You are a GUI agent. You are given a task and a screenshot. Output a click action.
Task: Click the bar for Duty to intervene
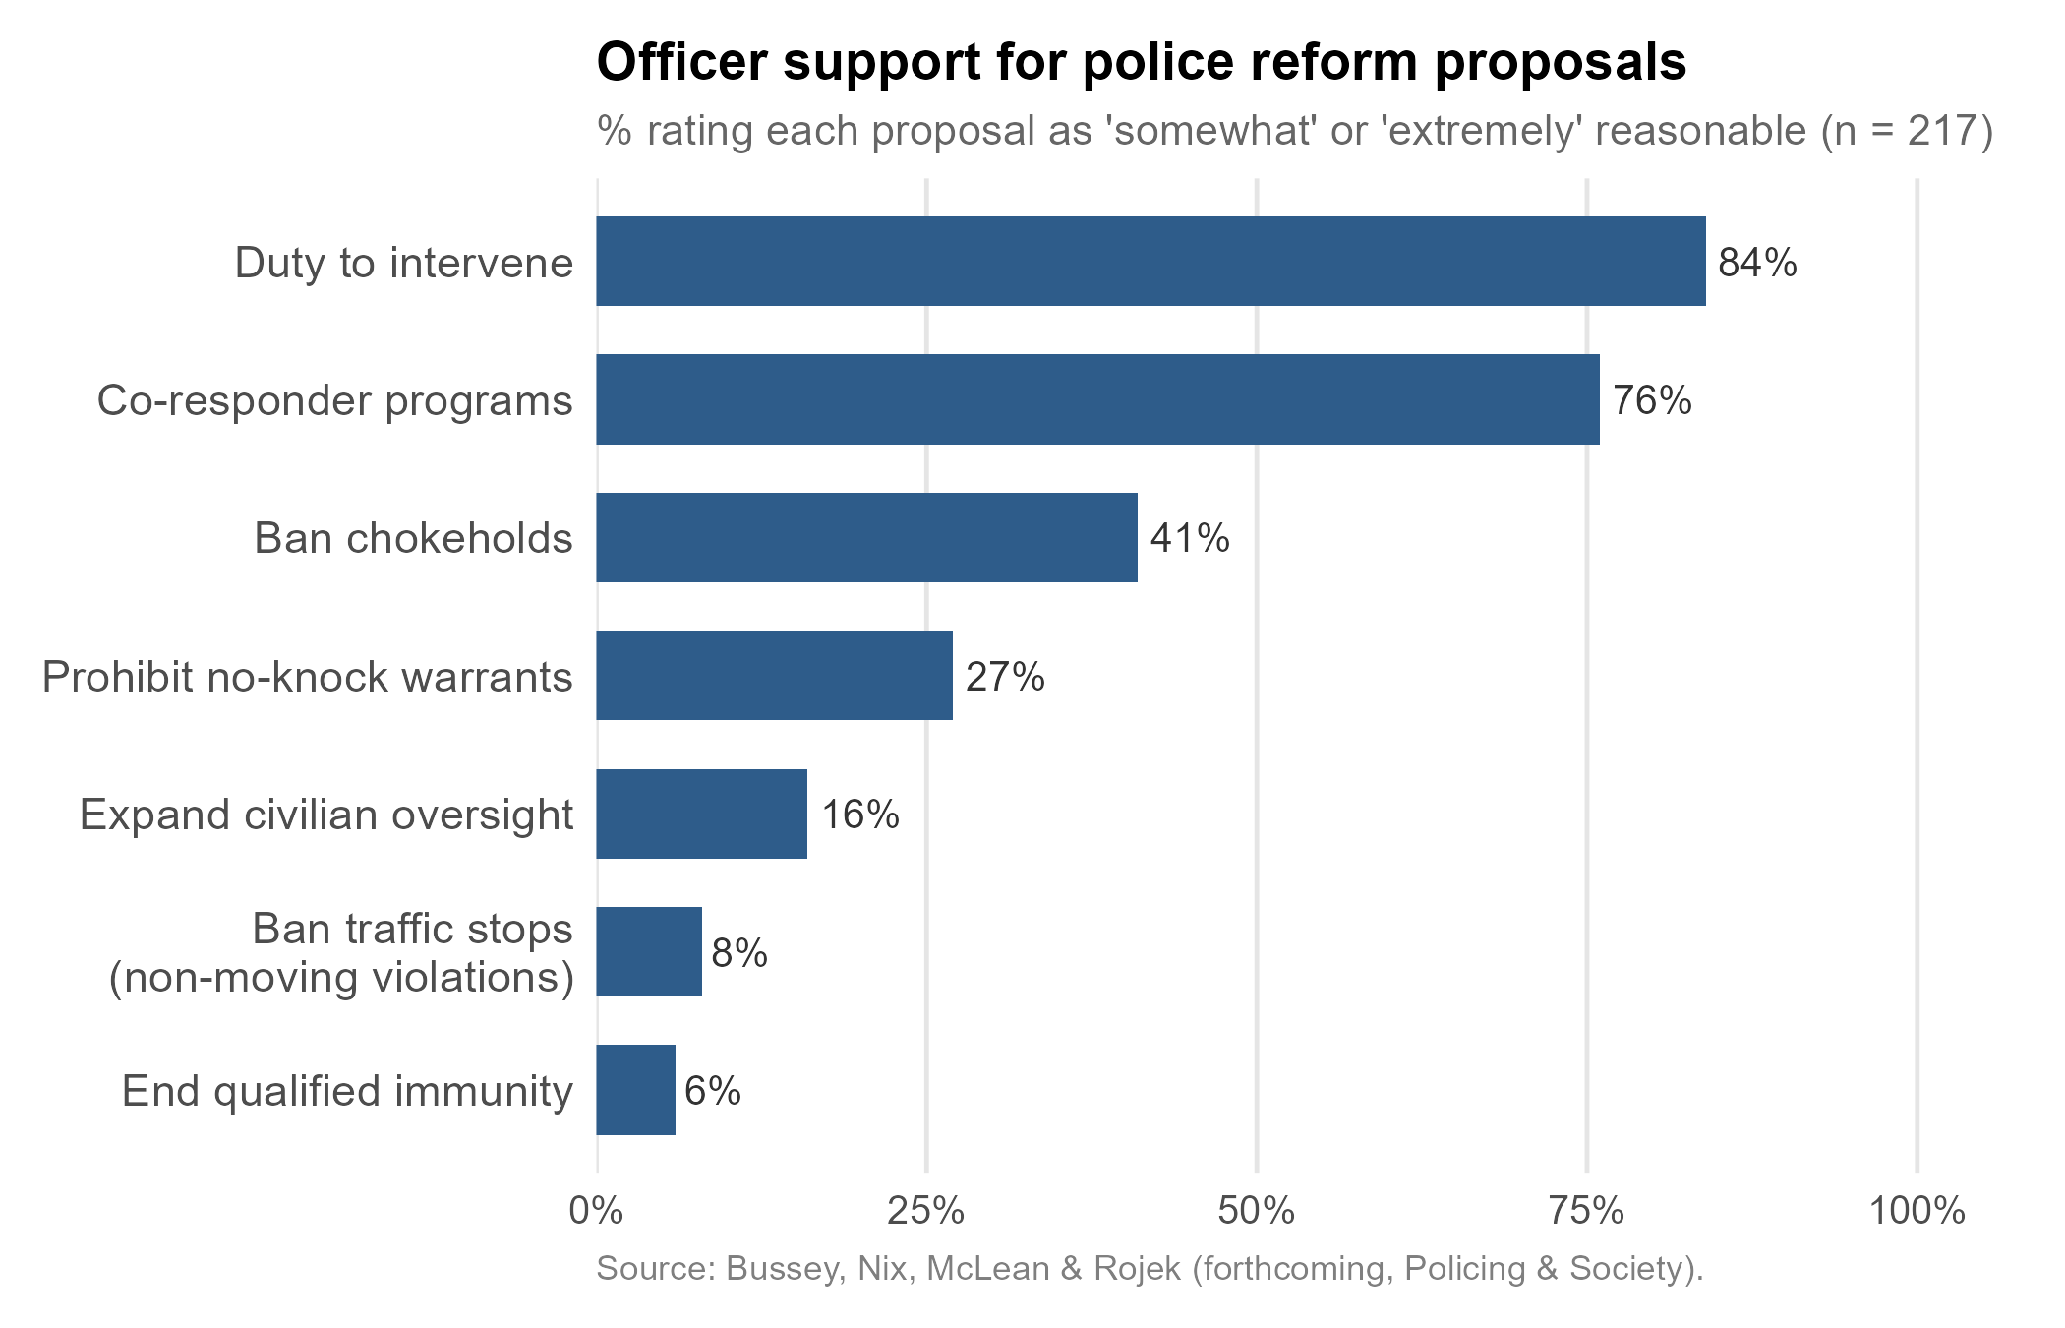[1150, 262]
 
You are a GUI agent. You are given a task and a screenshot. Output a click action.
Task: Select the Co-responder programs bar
[1097, 399]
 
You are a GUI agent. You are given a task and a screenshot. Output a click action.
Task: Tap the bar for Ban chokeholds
[866, 538]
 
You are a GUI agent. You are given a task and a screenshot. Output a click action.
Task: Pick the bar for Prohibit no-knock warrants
[774, 676]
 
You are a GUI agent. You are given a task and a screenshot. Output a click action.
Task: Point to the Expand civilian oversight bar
[701, 815]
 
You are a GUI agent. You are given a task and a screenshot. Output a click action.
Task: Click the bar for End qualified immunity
[635, 1090]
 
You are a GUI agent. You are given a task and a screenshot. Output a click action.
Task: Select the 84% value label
[1757, 264]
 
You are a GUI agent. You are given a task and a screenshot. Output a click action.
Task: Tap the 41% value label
[1190, 539]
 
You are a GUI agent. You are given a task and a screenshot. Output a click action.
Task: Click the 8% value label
[739, 953]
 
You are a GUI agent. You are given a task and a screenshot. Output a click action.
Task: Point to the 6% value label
[713, 1091]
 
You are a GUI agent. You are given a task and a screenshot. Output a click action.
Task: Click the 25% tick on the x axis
[925, 1211]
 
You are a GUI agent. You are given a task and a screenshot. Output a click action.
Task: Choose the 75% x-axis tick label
[1586, 1211]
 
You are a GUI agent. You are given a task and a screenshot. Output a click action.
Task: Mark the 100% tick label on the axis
[1916, 1211]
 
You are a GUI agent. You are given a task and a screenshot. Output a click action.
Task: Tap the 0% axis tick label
[597, 1211]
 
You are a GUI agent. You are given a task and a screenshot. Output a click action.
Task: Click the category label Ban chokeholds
[413, 539]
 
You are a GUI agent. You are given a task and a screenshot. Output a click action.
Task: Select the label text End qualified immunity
[347, 1091]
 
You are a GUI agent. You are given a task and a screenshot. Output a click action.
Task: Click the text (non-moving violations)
[341, 978]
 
